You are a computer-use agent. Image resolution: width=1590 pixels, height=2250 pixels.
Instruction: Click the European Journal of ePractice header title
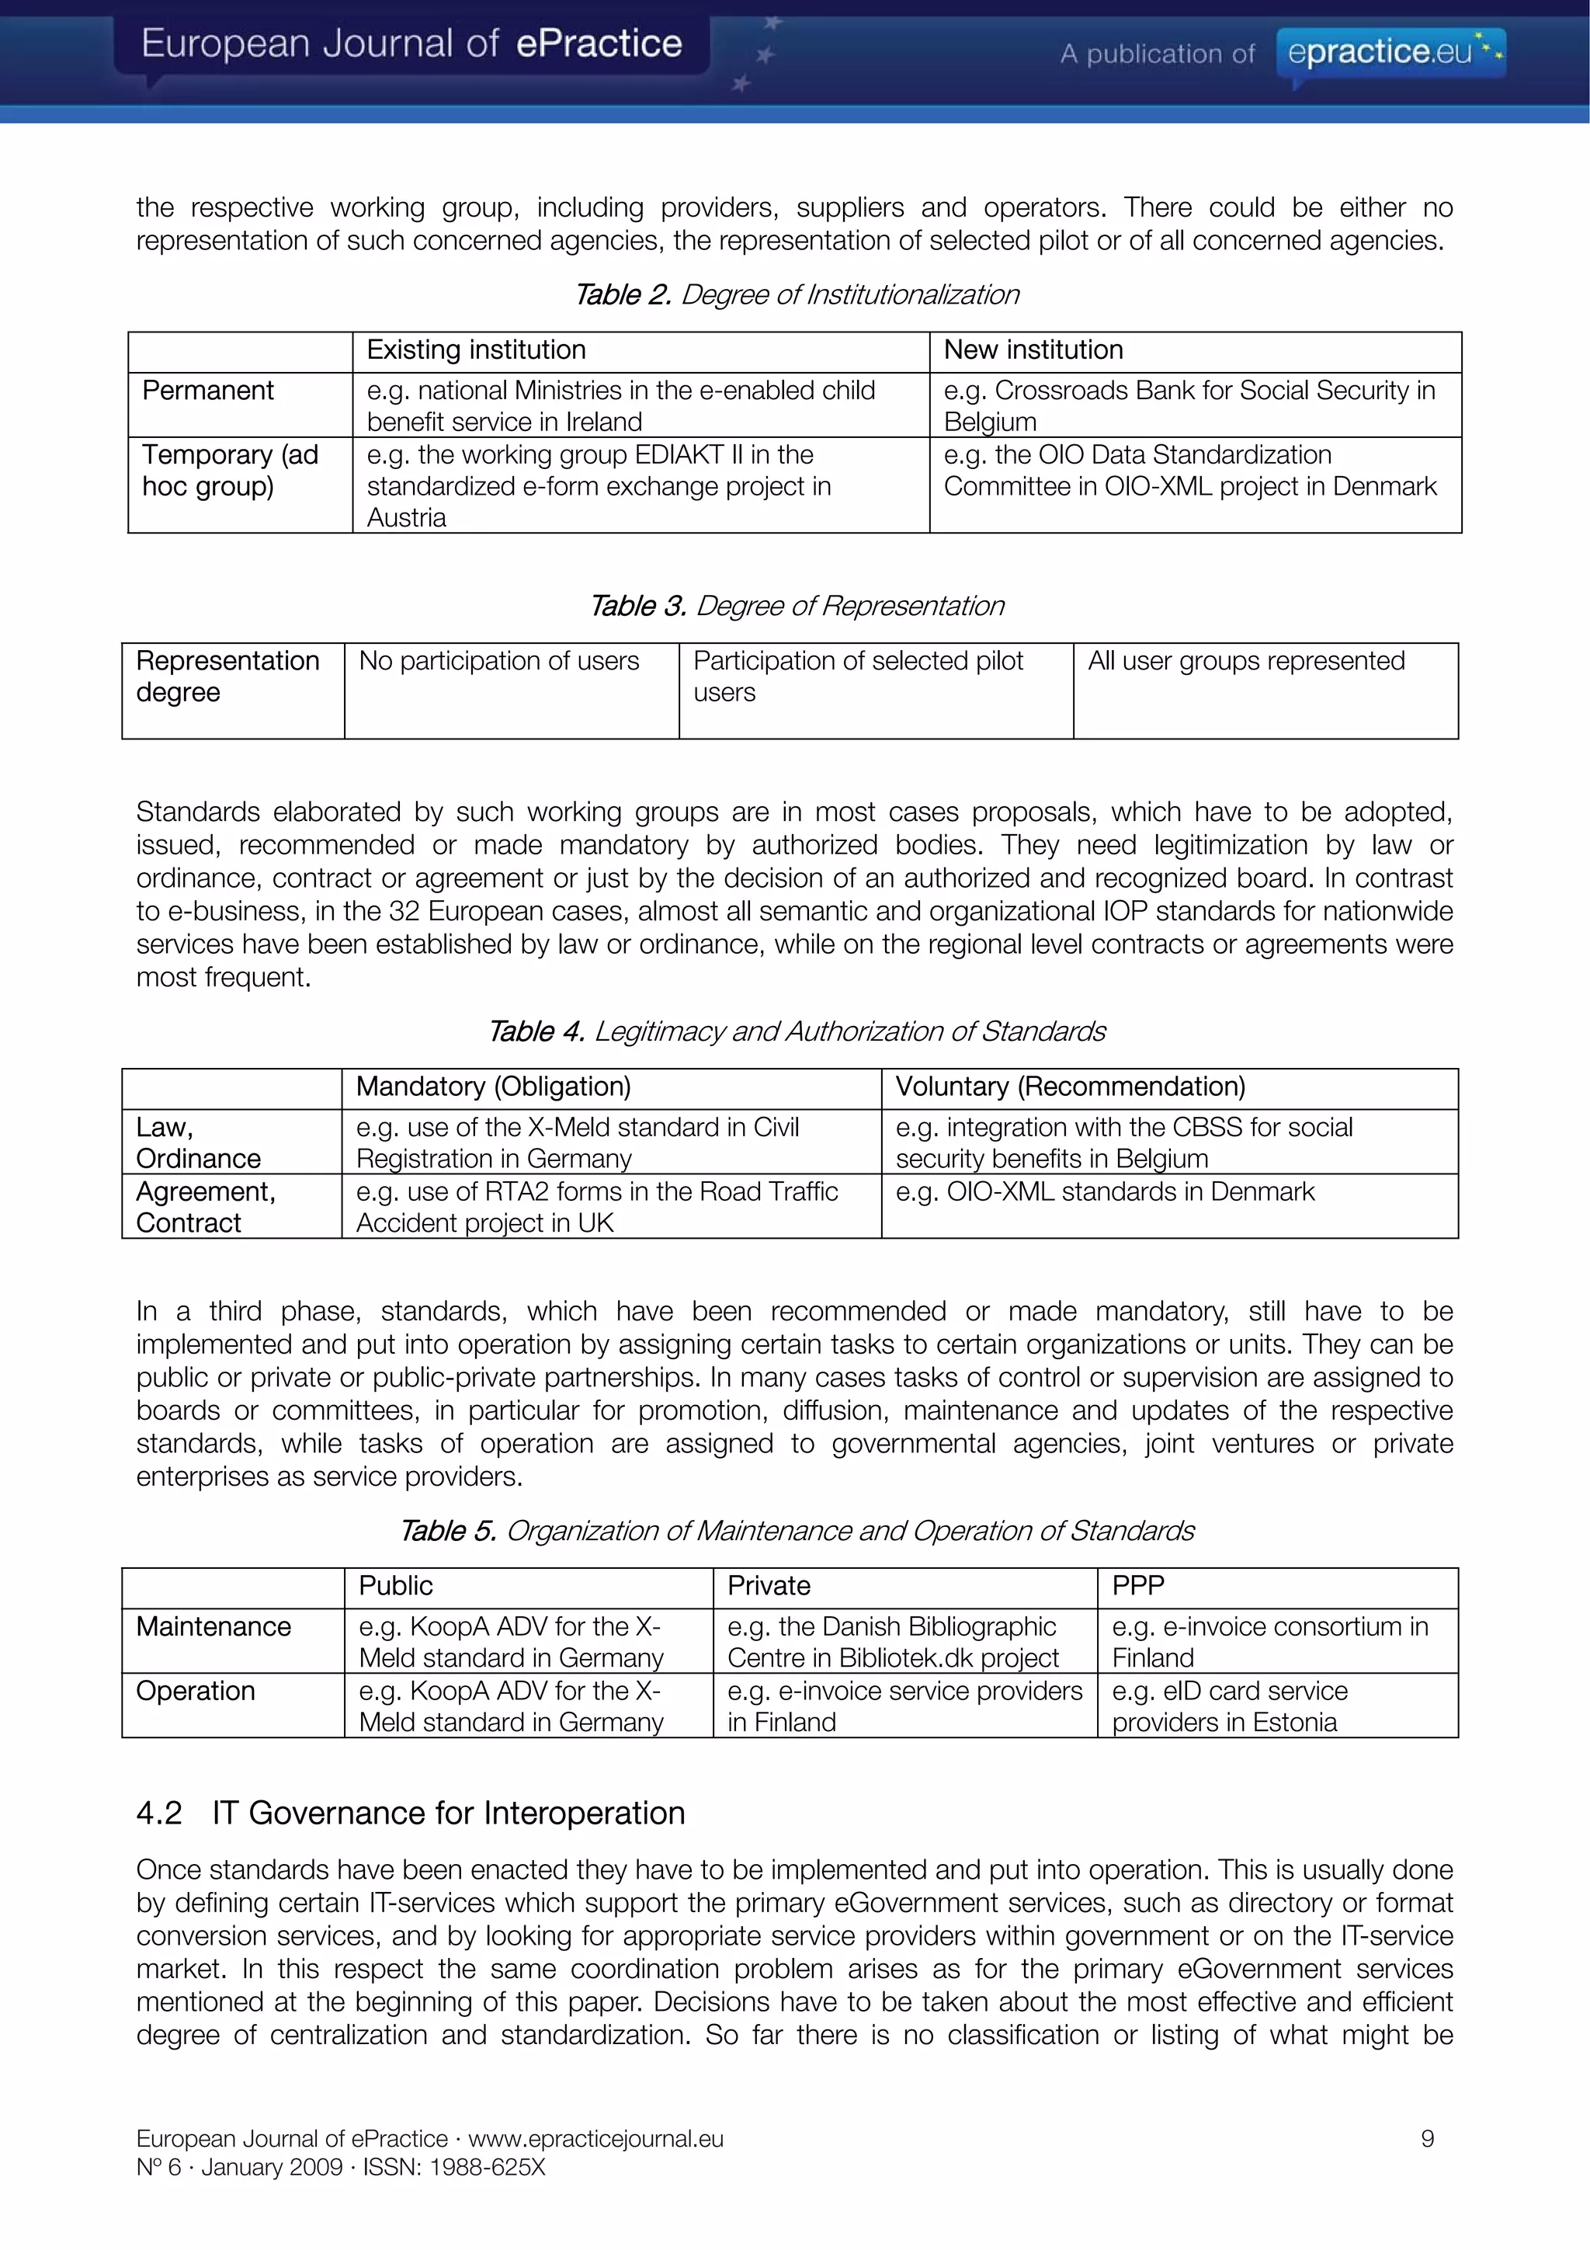[411, 44]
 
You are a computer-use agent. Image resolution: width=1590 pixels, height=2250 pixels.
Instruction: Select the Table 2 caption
[796, 294]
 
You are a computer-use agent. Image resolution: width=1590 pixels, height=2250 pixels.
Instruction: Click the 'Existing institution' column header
[476, 349]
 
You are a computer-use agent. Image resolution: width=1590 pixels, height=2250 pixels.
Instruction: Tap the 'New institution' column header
[1033, 349]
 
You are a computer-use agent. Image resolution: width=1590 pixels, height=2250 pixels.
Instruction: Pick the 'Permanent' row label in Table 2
[208, 390]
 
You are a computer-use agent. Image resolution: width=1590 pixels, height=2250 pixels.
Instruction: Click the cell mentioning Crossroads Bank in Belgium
[1189, 405]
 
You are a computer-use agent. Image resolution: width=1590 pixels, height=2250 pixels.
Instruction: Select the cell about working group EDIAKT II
[599, 485]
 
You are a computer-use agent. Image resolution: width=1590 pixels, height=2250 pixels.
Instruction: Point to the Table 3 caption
[796, 606]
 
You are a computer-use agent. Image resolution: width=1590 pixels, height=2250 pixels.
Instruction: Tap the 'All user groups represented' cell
[1246, 662]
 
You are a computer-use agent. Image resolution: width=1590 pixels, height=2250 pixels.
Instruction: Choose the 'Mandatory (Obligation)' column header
[493, 1087]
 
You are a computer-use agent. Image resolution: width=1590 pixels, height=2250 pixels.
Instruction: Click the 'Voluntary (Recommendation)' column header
[1070, 1087]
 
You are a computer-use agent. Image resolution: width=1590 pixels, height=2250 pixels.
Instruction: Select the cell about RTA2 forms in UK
[596, 1206]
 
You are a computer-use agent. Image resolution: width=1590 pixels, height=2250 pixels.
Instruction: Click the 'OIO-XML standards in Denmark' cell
[1105, 1191]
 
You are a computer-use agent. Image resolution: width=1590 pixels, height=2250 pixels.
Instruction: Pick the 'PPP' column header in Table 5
[1138, 1586]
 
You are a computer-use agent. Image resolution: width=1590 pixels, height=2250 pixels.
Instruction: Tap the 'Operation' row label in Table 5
[196, 1691]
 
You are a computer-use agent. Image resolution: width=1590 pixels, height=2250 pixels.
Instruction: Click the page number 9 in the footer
[1428, 2138]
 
